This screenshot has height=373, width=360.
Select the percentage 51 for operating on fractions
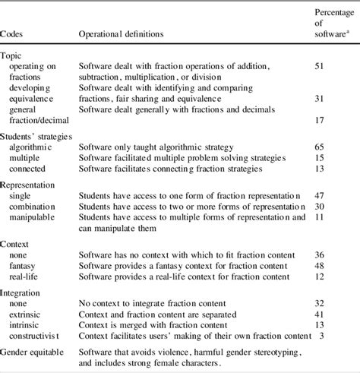point(321,67)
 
